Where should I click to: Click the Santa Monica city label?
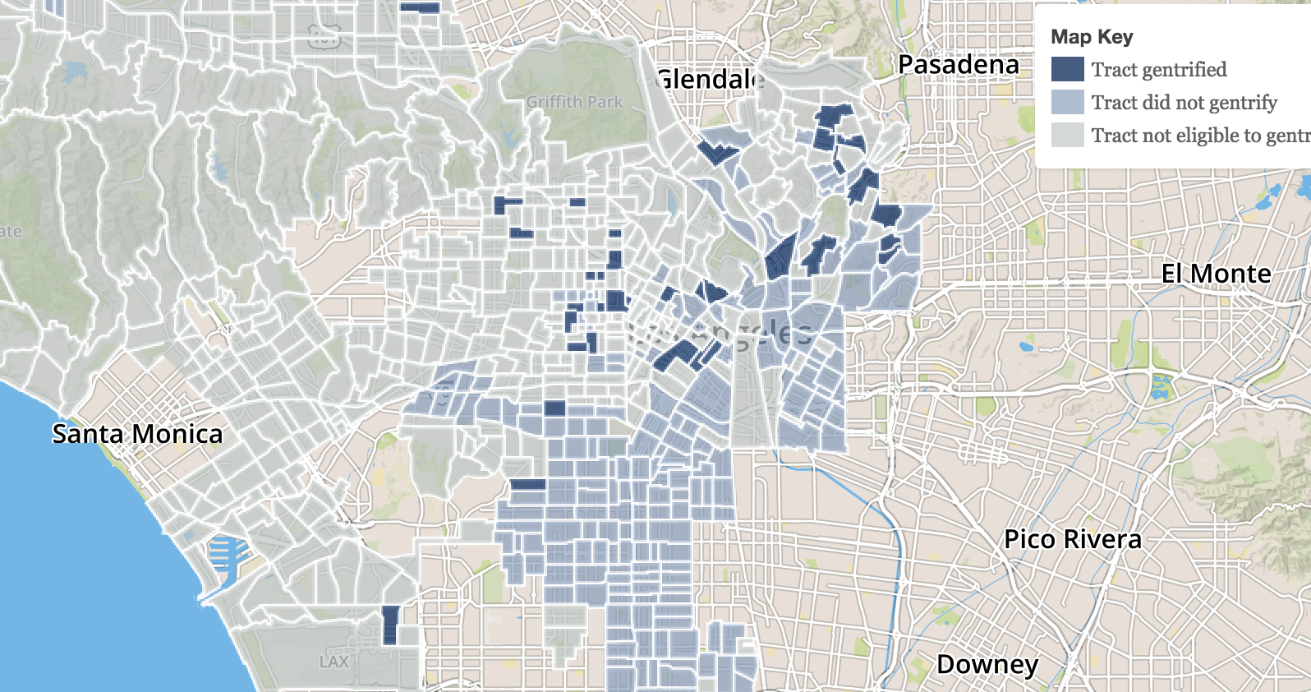point(137,434)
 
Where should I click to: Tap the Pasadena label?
point(959,64)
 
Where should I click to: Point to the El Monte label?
point(1216,274)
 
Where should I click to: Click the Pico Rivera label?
point(1073,539)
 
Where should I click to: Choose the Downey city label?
point(987,663)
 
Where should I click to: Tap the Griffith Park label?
point(575,102)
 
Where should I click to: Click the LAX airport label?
point(333,662)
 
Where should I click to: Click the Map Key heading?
point(1092,37)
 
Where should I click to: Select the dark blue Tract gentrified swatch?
point(1067,70)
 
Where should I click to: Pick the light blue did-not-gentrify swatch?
point(1067,103)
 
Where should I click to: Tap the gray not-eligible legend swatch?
point(1067,136)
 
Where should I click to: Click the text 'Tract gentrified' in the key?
point(1159,70)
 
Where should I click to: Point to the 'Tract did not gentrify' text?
point(1184,103)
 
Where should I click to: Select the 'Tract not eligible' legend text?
point(1199,136)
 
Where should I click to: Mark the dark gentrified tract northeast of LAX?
point(390,625)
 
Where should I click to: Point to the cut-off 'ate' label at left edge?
point(11,231)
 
